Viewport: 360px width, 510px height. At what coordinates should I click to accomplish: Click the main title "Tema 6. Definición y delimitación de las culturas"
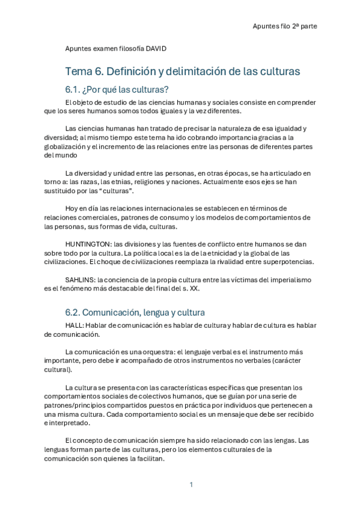pyautogui.click(x=182, y=72)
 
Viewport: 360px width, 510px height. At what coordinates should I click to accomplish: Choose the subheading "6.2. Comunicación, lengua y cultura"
pyautogui.click(x=135, y=312)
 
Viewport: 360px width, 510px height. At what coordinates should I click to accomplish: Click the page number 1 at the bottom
pyautogui.click(x=191, y=484)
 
